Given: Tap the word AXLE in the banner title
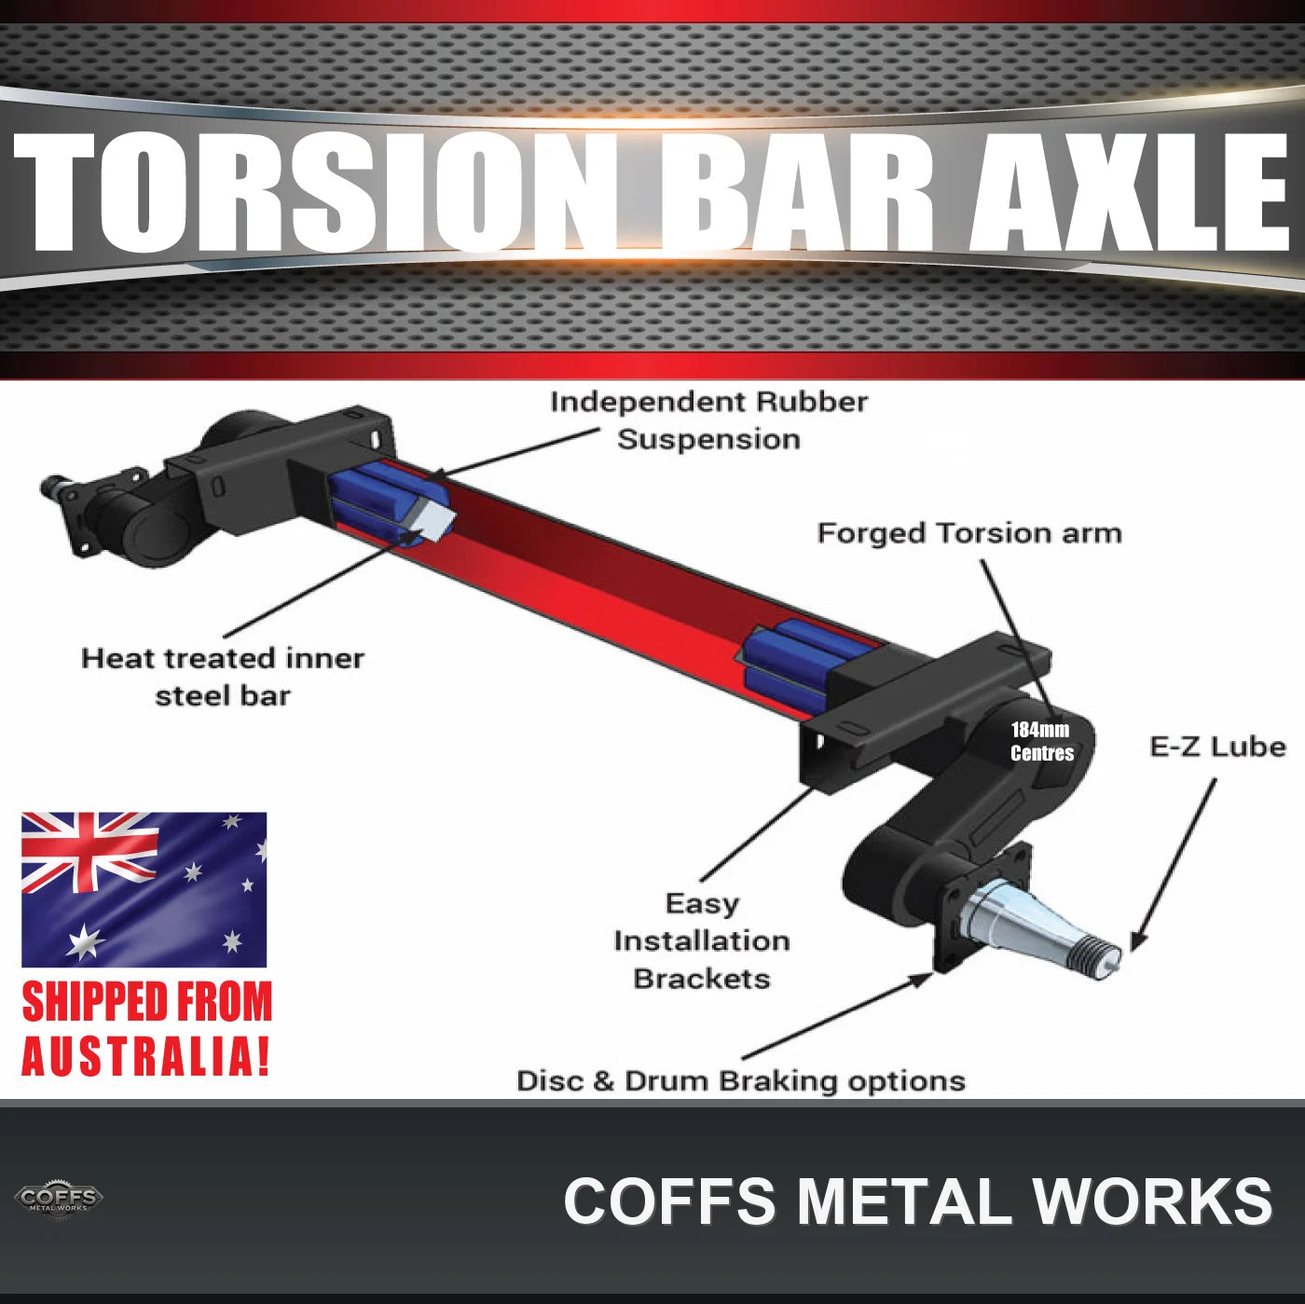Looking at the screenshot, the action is pos(1129,192).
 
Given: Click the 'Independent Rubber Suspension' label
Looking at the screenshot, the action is pos(708,420).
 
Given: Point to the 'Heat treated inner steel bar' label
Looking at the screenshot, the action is pos(223,677).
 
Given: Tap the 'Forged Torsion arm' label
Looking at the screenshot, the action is pos(969,533).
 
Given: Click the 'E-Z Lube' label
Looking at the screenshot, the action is pos(1217,747).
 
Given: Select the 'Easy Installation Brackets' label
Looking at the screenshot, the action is pos(702,941).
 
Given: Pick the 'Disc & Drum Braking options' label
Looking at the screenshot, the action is pos(741,1081).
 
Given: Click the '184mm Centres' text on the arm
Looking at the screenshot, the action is pos(1041,741).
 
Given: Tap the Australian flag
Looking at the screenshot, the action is pos(144,889).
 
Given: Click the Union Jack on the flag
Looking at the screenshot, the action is pos(89,852).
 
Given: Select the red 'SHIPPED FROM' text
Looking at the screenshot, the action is pos(147,1002).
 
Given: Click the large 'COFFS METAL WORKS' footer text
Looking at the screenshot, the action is pos(917,1201).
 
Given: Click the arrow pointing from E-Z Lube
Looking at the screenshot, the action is pos(1173,864).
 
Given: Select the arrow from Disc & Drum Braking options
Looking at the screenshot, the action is pos(838,1016).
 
